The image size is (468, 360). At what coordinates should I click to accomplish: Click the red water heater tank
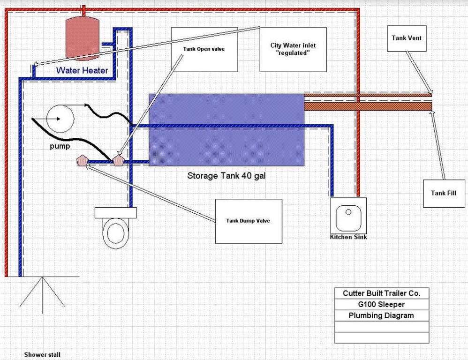click(x=83, y=38)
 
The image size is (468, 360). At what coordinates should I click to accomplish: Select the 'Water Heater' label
click(x=82, y=70)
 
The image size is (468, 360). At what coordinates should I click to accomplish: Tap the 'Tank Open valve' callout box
click(x=204, y=49)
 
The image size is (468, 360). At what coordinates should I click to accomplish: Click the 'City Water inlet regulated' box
click(x=293, y=49)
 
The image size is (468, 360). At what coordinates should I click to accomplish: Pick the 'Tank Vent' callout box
click(x=406, y=38)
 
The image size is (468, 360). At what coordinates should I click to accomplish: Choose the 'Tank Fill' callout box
click(x=444, y=193)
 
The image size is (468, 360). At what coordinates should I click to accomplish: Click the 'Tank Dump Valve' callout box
click(x=248, y=221)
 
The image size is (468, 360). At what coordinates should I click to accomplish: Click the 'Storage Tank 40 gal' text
click(x=226, y=176)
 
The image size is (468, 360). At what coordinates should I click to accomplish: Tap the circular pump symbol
click(x=60, y=119)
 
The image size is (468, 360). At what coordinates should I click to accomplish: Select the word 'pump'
click(x=60, y=146)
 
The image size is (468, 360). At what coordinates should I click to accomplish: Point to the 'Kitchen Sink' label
click(x=348, y=237)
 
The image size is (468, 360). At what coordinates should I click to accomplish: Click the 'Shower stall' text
click(x=42, y=355)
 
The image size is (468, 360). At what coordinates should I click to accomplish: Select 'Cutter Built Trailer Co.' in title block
click(x=381, y=293)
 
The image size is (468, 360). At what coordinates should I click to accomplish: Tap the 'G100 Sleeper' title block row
click(x=381, y=304)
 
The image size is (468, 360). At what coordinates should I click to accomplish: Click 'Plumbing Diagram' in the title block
click(x=381, y=315)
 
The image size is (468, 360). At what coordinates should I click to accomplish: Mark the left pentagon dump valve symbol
click(x=83, y=161)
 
